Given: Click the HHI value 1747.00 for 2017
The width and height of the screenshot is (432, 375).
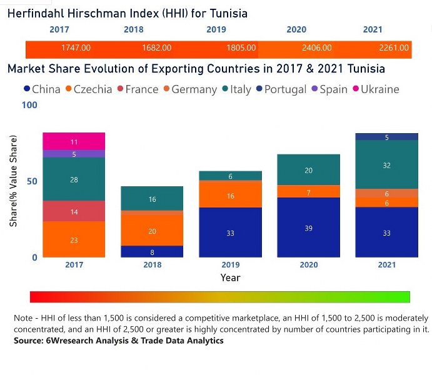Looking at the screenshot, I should point(76,48).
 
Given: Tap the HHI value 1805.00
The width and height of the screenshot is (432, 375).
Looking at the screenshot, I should point(241,48).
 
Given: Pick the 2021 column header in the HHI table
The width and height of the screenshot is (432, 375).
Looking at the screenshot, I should point(373,29).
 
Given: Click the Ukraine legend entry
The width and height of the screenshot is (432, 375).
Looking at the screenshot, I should point(374,89).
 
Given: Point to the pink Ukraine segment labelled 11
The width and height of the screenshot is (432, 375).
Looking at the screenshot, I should point(74,142).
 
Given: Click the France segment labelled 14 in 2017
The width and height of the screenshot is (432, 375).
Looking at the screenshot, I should point(74,212).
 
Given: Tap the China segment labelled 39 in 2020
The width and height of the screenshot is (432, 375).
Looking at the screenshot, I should point(309,228).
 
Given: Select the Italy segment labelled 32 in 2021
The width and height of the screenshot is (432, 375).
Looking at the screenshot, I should point(387,166).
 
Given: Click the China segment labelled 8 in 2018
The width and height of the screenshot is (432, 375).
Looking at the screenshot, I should point(152,252).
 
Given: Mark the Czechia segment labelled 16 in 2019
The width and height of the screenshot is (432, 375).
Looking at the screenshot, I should point(230,195).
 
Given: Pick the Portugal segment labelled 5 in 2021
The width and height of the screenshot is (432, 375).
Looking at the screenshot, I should point(387,137).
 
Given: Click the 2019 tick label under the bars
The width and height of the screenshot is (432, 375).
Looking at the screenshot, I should point(230,265).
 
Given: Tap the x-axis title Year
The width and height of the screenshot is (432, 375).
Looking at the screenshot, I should point(230,277).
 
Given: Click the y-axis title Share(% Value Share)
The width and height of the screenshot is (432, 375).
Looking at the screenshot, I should point(14,181).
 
